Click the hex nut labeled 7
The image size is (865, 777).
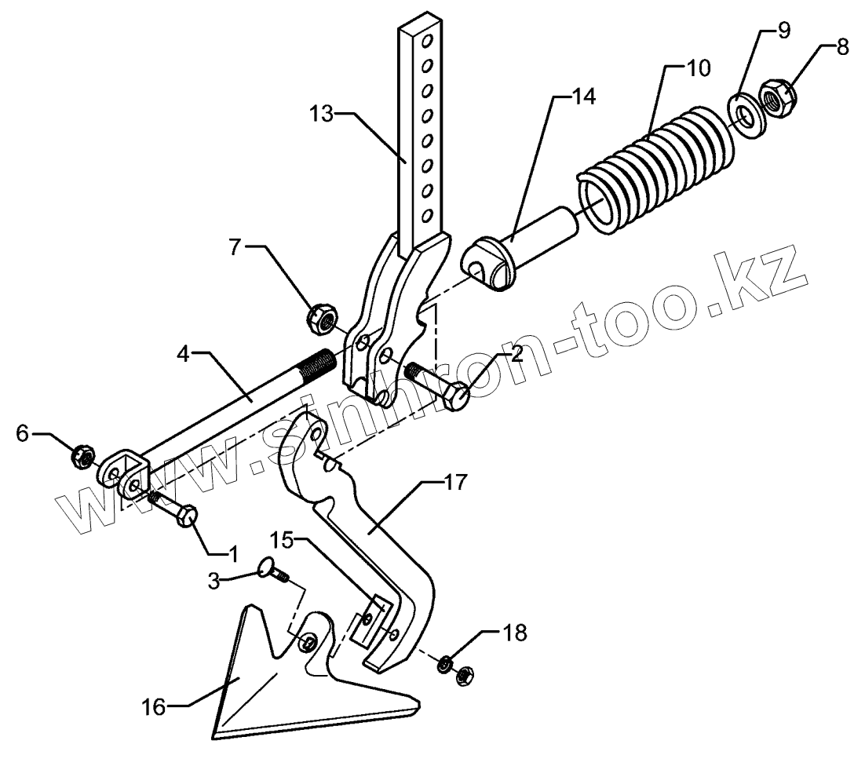pos(320,318)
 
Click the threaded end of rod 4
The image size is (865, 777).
pos(318,365)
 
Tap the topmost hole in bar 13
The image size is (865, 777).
pos(429,38)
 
